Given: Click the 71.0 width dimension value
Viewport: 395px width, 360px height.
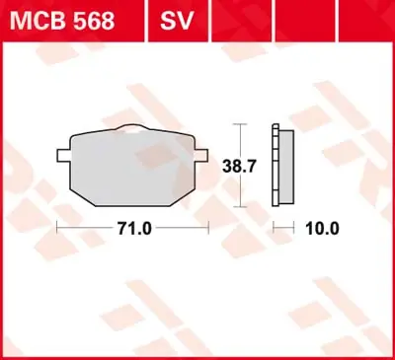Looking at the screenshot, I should click(133, 229).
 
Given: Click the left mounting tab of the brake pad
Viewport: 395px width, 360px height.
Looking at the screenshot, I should click(61, 154).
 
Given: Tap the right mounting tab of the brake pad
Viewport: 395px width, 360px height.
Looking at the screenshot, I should click(202, 154).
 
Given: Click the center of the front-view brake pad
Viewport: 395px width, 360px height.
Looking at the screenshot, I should click(132, 166).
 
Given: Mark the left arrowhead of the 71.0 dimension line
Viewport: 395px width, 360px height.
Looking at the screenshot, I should click(59, 228).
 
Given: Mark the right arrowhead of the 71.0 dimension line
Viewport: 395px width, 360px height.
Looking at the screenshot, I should click(207, 228).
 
